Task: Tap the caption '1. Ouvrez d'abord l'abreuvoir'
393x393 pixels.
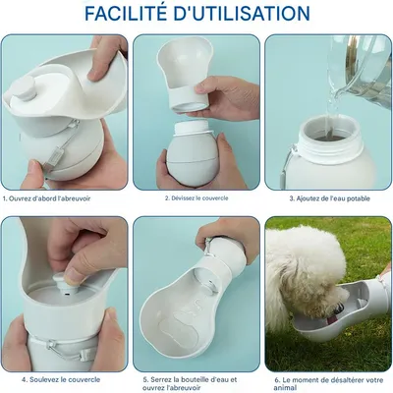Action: click(x=47, y=198)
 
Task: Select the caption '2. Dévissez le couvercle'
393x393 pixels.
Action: click(x=196, y=198)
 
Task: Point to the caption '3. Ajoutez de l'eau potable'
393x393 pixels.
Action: click(x=329, y=198)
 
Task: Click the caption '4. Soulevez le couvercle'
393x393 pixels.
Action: click(x=61, y=380)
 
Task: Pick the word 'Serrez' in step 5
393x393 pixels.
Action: click(x=161, y=380)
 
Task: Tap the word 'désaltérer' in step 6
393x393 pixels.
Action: click(x=343, y=380)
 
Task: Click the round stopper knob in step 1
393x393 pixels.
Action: click(x=25, y=88)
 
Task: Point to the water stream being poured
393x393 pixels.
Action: click(x=332, y=105)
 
